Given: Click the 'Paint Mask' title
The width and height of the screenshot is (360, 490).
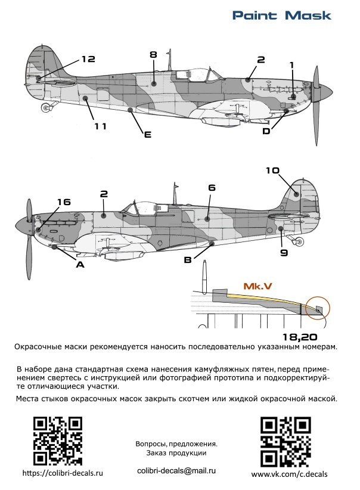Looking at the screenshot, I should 281,15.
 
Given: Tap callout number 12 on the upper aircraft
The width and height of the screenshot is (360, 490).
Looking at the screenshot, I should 88,58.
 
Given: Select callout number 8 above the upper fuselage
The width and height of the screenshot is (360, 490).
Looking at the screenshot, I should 153,54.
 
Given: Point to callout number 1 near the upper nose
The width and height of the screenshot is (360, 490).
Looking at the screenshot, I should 291,64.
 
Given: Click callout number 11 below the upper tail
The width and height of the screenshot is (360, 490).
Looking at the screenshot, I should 100,126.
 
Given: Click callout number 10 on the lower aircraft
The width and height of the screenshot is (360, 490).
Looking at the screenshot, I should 272,170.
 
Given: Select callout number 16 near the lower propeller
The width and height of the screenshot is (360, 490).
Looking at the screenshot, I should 64,201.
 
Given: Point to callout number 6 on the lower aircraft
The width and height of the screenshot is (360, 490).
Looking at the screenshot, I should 212,187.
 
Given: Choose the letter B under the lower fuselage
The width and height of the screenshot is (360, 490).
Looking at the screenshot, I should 188,260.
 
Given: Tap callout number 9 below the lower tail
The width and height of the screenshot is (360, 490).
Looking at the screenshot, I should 284,253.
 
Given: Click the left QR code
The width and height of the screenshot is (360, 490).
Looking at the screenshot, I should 57,441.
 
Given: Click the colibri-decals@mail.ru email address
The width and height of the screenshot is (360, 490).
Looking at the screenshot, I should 176,470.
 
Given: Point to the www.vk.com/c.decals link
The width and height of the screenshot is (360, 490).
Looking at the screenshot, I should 290,474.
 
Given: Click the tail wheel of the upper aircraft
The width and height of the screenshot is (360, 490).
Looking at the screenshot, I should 46,108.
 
